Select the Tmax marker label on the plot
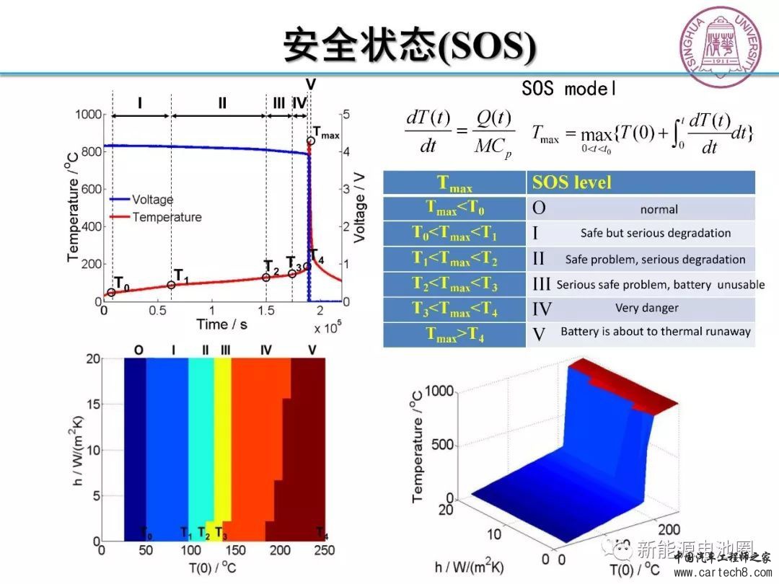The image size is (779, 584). coord(326,133)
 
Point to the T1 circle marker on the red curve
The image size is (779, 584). coord(171,285)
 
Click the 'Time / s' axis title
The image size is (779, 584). coord(221,324)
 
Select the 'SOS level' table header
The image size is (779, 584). coord(571,182)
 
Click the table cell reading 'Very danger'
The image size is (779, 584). coord(646,309)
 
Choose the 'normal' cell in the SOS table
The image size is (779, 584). coord(659,209)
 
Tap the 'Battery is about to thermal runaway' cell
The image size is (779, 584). coord(655,332)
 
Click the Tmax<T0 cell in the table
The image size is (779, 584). coord(455,208)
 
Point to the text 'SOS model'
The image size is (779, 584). coord(569,89)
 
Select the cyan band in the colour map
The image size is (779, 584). coord(201,447)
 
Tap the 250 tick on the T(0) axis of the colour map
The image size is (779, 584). coord(325,551)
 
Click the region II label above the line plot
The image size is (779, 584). coord(222,103)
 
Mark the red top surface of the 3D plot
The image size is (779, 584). coord(635,389)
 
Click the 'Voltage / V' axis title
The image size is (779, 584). coord(360,208)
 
